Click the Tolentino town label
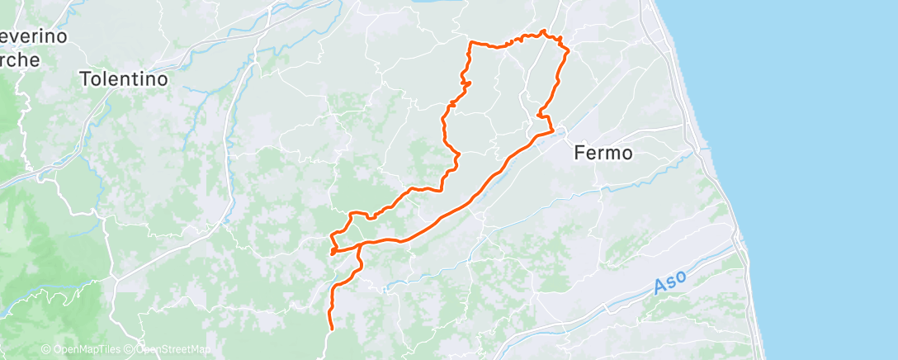[124, 79]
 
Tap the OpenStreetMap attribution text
[173, 349]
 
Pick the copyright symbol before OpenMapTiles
[46, 349]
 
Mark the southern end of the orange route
[331, 329]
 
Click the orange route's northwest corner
[470, 42]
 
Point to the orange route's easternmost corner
[569, 52]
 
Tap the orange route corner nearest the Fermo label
[551, 131]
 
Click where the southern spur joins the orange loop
[361, 245]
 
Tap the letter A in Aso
[659, 288]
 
